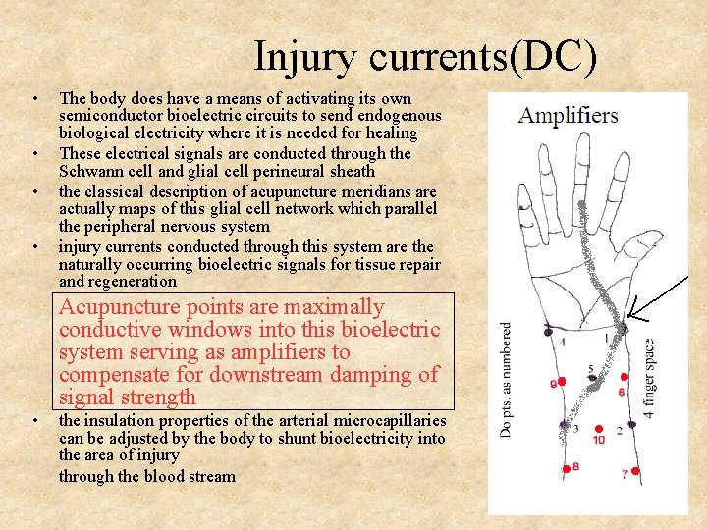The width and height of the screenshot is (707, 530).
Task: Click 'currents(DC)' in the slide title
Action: pos(482,56)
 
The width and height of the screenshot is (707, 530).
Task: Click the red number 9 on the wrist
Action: pos(554,384)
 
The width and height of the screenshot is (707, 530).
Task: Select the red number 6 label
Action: pos(621,392)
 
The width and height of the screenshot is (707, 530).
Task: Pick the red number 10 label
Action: pos(599,440)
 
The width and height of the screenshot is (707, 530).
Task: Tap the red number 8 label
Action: pos(575,467)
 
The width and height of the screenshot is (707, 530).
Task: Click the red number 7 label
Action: pos(625,475)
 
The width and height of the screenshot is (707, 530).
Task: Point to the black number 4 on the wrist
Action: pos(562,343)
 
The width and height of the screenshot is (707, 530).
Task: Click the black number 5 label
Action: pos(590,369)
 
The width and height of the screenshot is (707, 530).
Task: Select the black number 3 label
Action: pos(574,428)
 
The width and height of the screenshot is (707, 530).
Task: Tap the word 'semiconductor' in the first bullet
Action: pos(110,116)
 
